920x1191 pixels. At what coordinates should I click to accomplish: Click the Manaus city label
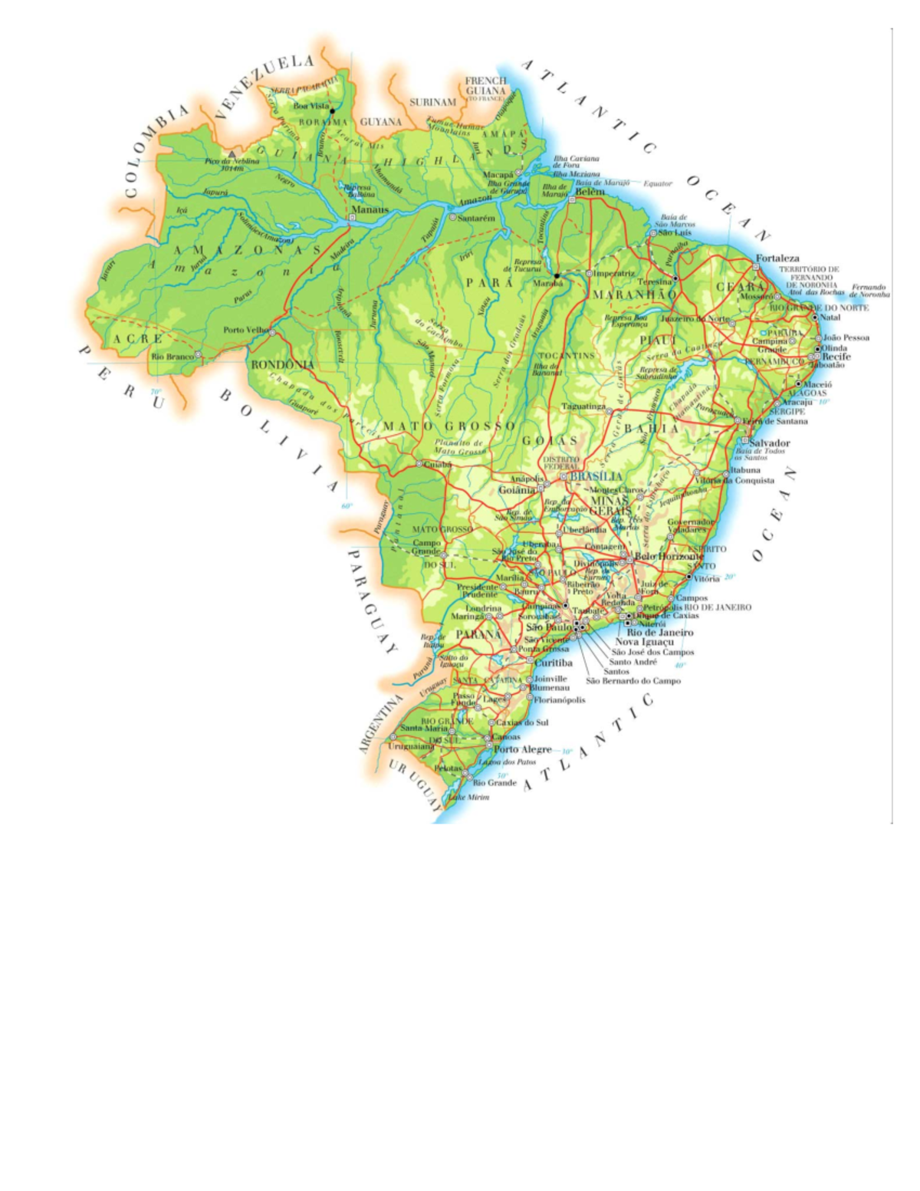coord(370,209)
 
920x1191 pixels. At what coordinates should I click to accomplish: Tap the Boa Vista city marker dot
coord(332,111)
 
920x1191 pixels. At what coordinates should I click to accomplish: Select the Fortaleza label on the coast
coord(777,258)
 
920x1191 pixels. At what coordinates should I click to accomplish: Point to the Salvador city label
coord(769,443)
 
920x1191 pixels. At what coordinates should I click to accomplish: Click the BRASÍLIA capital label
coord(596,476)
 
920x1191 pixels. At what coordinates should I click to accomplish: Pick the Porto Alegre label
coord(523,748)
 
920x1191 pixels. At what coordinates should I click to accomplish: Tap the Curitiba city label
coord(554,663)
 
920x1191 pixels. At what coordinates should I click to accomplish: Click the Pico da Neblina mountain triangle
coord(232,154)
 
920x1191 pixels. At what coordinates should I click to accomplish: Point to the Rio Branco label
coord(172,357)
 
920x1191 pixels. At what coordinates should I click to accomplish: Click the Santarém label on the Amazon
coord(476,218)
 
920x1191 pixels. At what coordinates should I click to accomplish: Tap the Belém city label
coord(590,192)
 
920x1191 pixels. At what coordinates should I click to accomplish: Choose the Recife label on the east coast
coord(836,357)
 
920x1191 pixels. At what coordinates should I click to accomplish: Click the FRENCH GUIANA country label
coord(486,86)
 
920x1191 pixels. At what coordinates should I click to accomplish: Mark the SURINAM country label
coord(432,102)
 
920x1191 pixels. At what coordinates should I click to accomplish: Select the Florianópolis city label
coord(560,699)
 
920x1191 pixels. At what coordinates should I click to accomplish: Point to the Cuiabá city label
coord(438,464)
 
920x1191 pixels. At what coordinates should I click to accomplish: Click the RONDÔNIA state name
coord(283,365)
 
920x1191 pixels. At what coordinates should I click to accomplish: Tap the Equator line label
coord(658,184)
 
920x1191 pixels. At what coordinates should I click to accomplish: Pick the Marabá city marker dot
coord(557,275)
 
